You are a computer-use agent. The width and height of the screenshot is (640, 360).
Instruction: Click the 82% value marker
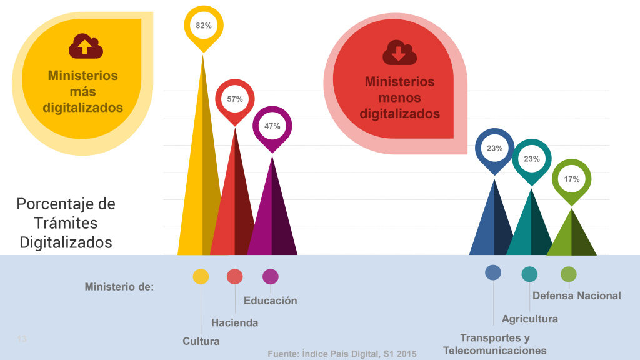coord(203,26)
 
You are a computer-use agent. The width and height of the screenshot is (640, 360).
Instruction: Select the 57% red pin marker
coord(235,99)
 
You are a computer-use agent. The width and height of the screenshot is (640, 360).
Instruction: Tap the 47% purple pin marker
coord(272,126)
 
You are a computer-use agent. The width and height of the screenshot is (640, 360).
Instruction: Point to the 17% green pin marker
coord(571,179)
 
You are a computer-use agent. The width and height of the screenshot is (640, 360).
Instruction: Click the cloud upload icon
coord(86,46)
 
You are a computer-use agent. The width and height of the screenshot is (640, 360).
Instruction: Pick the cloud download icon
coord(399,52)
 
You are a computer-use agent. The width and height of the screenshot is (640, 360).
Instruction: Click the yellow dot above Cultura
coord(201,276)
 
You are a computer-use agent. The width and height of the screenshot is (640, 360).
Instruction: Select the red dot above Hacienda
coord(235,276)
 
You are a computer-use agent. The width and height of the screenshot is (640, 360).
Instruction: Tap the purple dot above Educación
coord(271,276)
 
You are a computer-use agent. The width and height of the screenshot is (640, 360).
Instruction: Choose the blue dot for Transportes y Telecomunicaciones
coord(493,272)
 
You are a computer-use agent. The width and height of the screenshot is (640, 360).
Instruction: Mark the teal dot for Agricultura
coord(529,274)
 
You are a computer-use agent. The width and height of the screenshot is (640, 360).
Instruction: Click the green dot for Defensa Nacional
coord(569,274)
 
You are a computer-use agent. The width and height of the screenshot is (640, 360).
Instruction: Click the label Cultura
coord(201,341)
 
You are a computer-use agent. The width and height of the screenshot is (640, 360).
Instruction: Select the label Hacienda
coord(234,323)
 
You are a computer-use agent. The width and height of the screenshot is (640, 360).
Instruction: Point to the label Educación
coord(271,301)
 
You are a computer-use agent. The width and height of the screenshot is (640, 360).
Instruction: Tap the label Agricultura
coord(529,319)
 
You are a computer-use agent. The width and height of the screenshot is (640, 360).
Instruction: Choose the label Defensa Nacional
coord(577,296)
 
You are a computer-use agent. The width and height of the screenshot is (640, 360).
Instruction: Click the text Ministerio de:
coord(119,287)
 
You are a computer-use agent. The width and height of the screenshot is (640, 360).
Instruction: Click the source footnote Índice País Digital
coord(342,354)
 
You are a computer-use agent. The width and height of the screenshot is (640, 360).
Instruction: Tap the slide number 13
coord(22,339)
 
